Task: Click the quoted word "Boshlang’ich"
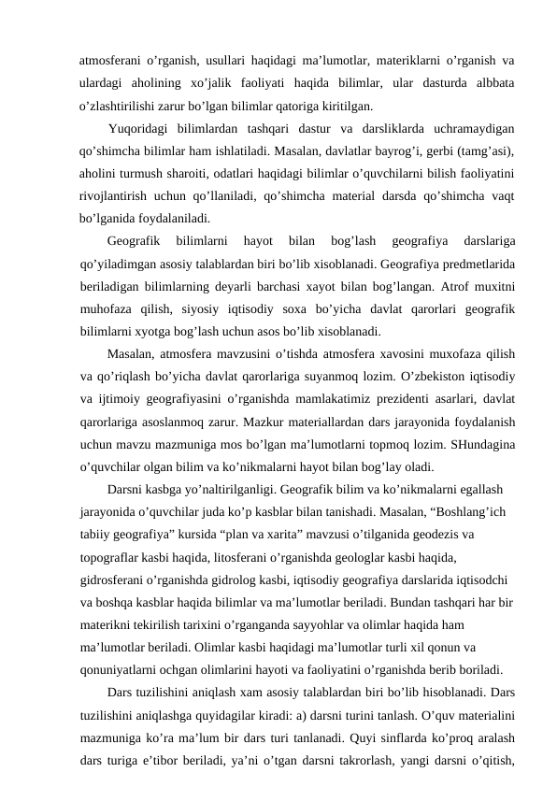464,511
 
